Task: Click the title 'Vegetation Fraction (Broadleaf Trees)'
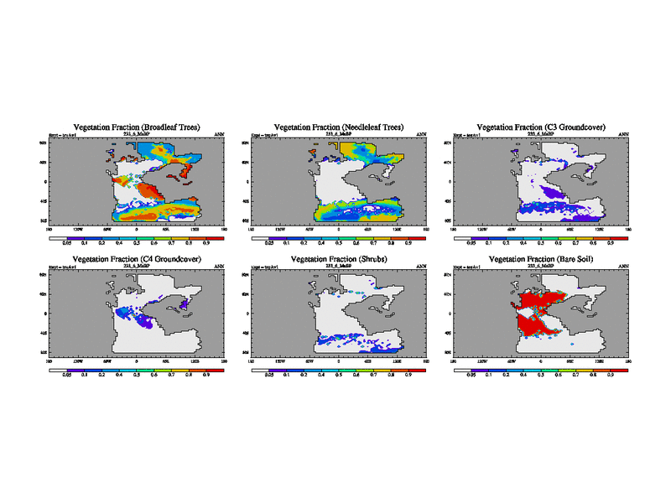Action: coord(137,127)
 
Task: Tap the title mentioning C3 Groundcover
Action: coord(541,127)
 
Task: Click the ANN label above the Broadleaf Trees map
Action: coord(220,134)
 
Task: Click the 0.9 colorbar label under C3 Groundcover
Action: coord(612,244)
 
